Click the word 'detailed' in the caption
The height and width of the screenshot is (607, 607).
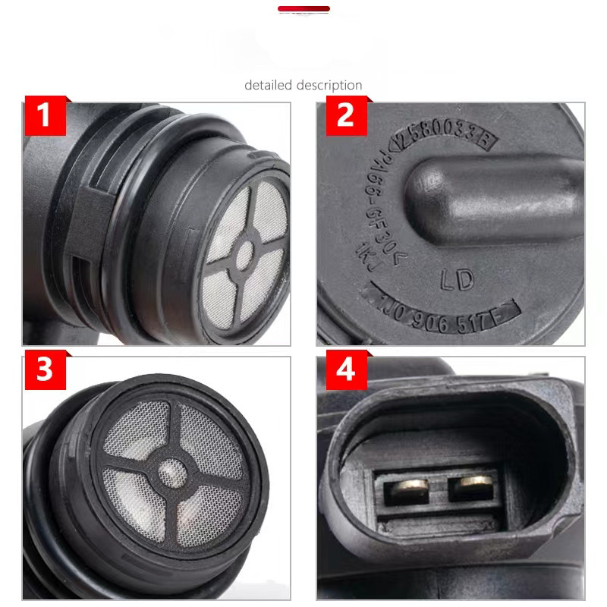[269, 85]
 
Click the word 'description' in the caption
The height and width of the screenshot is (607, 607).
[329, 85]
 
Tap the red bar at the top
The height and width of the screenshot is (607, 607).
[303, 9]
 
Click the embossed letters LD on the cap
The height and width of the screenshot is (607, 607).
[458, 279]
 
